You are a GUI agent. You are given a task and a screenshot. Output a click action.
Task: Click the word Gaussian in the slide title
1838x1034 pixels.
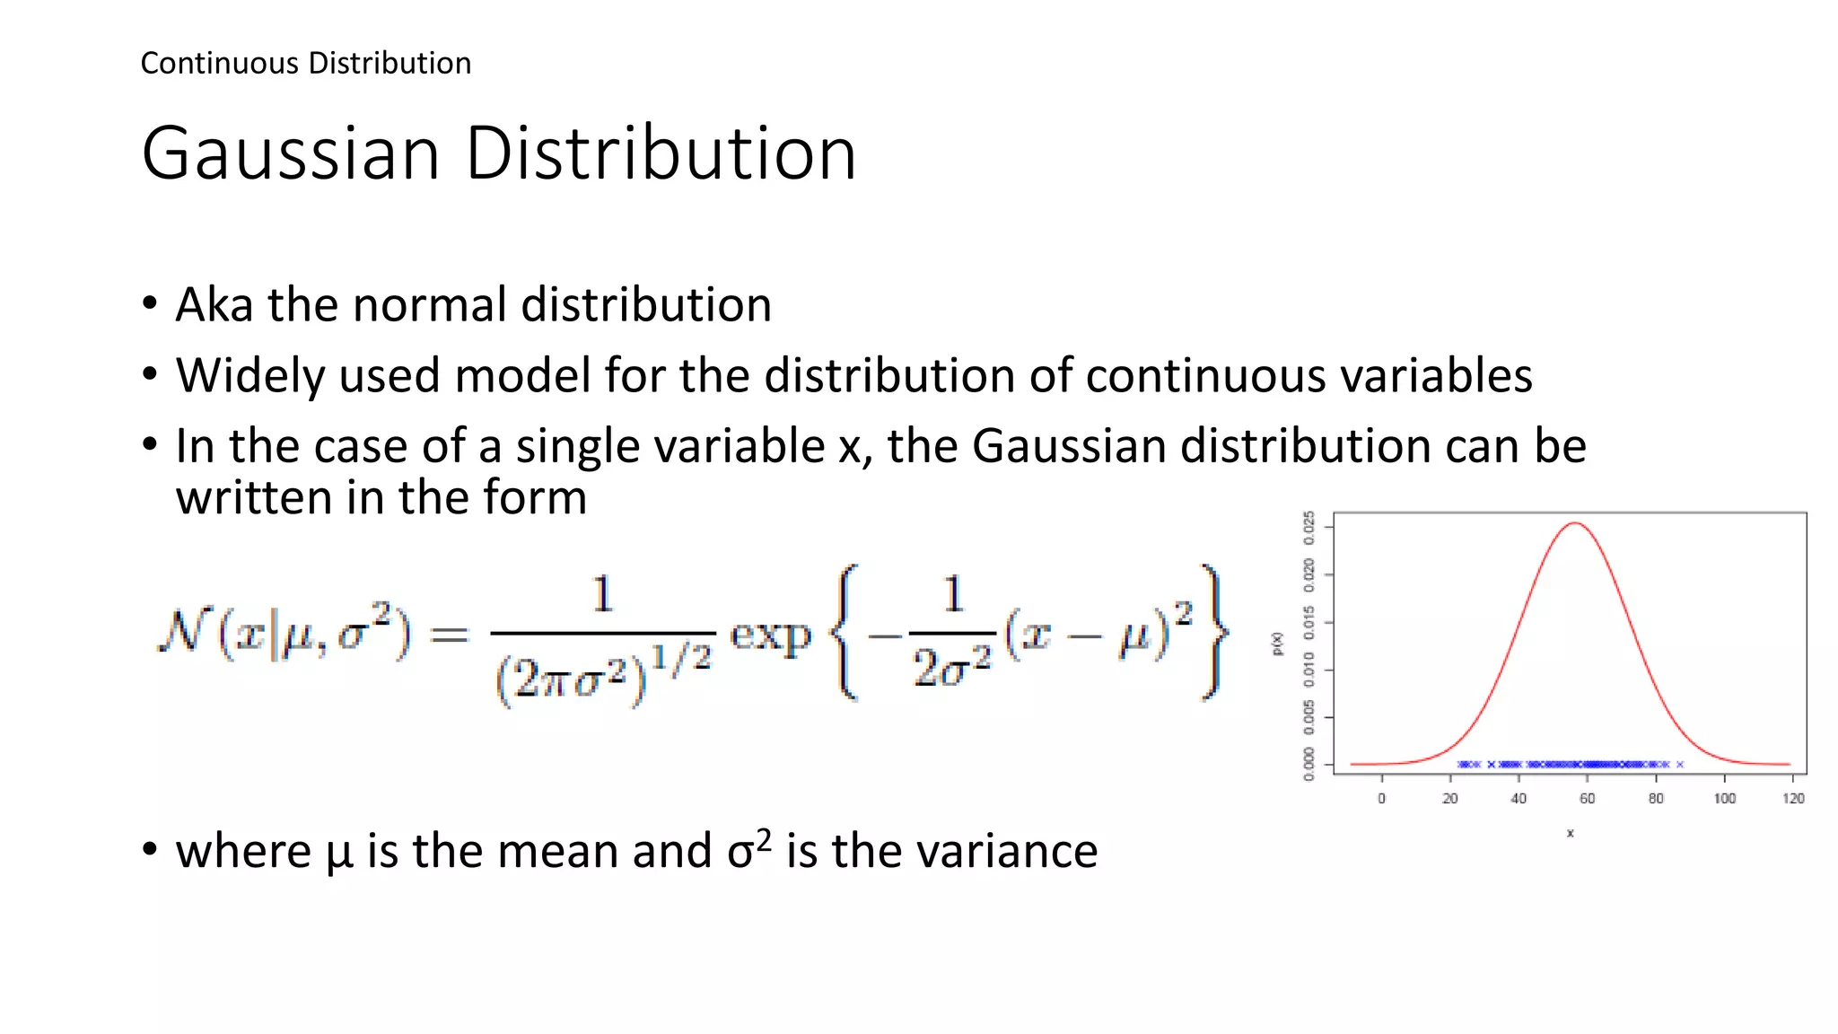(291, 153)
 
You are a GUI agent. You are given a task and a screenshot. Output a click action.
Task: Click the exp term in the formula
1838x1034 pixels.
(771, 635)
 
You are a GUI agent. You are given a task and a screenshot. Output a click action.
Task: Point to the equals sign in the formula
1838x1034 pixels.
(449, 635)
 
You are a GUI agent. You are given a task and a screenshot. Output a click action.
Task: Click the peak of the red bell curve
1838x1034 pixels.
(1575, 523)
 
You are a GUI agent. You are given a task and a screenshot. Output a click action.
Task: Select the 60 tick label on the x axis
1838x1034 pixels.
(1587, 799)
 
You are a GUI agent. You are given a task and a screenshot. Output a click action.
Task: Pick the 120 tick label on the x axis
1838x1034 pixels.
(1792, 799)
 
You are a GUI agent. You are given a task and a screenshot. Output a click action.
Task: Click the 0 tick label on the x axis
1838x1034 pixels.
(1381, 799)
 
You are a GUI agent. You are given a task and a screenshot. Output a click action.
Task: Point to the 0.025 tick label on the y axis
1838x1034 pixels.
(1309, 528)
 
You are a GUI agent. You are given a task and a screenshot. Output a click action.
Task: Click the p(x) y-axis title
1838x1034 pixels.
(1278, 644)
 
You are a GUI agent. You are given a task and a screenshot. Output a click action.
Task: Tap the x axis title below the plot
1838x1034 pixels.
(1570, 834)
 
